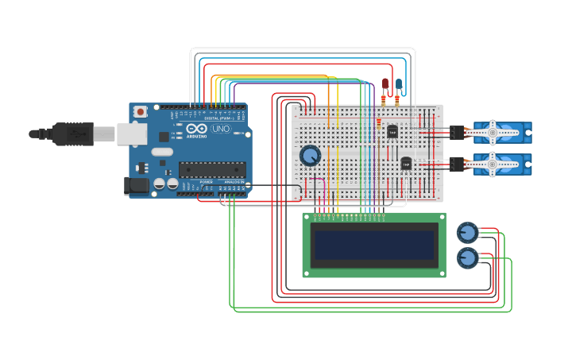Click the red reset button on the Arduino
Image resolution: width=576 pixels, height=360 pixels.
[141, 112]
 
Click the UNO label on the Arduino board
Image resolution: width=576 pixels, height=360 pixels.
[221, 129]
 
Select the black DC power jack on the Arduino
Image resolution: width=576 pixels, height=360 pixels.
[136, 186]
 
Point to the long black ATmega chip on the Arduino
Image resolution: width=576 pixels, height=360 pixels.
[211, 168]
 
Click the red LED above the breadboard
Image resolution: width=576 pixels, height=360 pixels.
[385, 83]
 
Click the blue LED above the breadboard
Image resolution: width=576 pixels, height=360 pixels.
[399, 83]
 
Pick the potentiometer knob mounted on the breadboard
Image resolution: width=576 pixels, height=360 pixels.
[310, 155]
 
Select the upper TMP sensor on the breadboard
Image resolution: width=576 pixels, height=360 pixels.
[392, 131]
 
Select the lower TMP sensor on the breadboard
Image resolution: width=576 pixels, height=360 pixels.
[406, 163]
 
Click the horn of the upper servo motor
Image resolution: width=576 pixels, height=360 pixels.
[492, 133]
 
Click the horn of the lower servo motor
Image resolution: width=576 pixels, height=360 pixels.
[492, 165]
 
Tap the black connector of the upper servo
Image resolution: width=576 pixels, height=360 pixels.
[457, 133]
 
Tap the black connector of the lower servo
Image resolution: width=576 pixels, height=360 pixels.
[457, 165]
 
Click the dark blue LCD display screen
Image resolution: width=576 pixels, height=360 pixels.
[374, 245]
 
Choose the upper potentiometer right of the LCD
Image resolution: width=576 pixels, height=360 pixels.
[467, 233]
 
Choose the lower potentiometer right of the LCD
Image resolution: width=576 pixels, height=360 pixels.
[467, 257]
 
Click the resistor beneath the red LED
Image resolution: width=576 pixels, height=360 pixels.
[384, 100]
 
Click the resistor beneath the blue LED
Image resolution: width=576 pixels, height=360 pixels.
[397, 100]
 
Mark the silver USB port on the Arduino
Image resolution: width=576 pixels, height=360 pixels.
[132, 134]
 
